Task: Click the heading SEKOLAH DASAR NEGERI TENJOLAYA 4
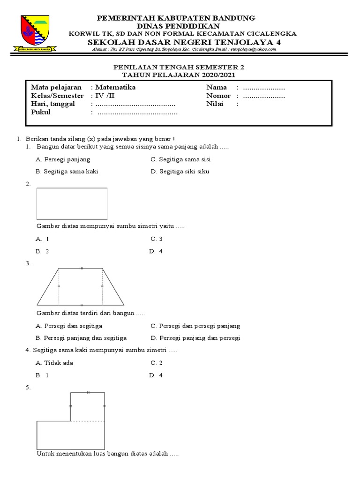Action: [x=176, y=42]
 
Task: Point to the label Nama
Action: [x=217, y=87]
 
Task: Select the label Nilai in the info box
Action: [x=215, y=104]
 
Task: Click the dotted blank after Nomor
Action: [x=264, y=96]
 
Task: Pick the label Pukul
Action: [x=40, y=112]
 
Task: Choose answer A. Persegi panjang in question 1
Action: [x=63, y=159]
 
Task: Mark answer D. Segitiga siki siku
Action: [x=180, y=172]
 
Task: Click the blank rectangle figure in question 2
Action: [x=72, y=203]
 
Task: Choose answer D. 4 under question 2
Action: [x=156, y=251]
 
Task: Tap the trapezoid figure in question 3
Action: [x=80, y=286]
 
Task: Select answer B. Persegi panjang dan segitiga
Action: [x=81, y=338]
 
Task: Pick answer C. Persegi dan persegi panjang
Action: [x=195, y=326]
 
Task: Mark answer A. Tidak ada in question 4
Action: [x=54, y=363]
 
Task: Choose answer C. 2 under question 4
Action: [x=156, y=363]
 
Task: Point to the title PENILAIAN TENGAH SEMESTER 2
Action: [x=180, y=67]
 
